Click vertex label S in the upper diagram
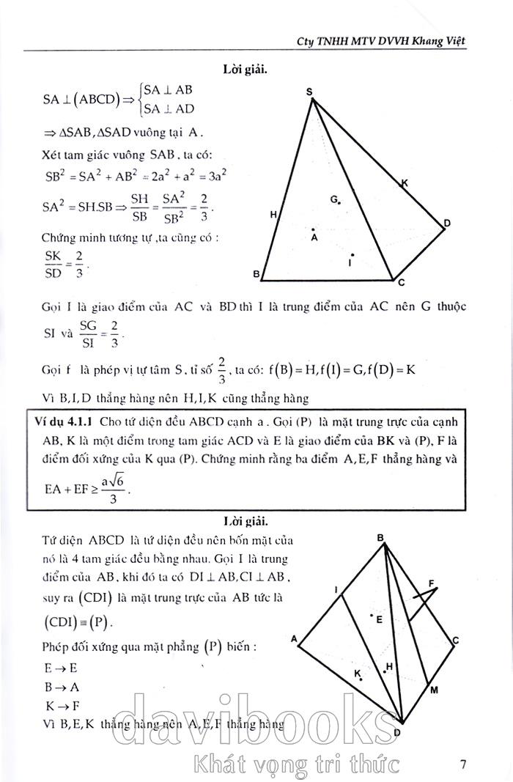click(309, 91)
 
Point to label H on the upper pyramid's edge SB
click(273, 215)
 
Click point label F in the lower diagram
click(432, 583)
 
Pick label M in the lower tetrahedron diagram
click(433, 690)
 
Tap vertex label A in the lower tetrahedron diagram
click(294, 639)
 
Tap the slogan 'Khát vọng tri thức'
click(293, 764)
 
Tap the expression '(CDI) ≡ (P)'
click(80, 622)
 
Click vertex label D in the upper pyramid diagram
click(446, 224)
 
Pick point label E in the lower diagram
click(379, 619)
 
